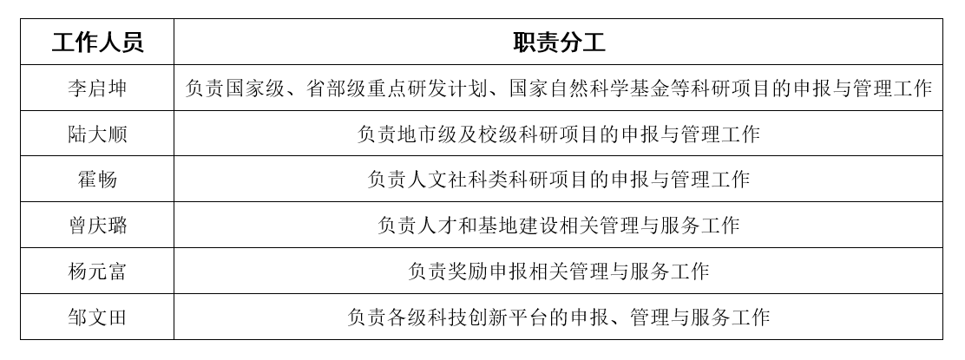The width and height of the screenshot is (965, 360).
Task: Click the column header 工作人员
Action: pos(97,43)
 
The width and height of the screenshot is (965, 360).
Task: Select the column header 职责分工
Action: pos(559,43)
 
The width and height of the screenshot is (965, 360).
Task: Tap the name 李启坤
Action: pos(97,88)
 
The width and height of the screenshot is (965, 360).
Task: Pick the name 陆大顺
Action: pos(97,134)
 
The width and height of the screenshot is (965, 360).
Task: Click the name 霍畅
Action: pos(97,180)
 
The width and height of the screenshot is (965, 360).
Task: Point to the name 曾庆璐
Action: pos(97,226)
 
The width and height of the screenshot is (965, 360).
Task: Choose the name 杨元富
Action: pos(97,271)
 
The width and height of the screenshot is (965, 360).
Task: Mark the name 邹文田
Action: pos(97,317)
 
